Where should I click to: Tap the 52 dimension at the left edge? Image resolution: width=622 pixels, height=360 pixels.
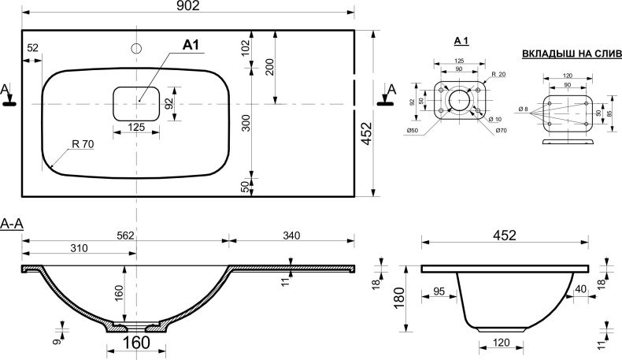point(32,48)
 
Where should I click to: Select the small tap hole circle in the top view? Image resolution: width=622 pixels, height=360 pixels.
point(137,49)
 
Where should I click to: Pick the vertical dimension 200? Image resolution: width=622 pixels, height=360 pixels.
point(269,67)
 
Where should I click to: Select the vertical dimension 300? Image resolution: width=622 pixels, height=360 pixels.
point(245,123)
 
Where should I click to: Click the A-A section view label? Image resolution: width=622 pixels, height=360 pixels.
point(13,225)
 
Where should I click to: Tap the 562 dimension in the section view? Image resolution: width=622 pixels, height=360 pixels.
point(126,235)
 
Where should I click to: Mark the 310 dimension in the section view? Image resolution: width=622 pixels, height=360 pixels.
point(78,249)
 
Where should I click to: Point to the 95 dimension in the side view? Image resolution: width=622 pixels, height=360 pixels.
point(439,291)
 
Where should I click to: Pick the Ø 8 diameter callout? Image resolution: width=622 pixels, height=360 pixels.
point(523,109)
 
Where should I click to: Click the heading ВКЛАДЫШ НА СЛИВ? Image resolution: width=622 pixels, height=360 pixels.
point(572,54)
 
